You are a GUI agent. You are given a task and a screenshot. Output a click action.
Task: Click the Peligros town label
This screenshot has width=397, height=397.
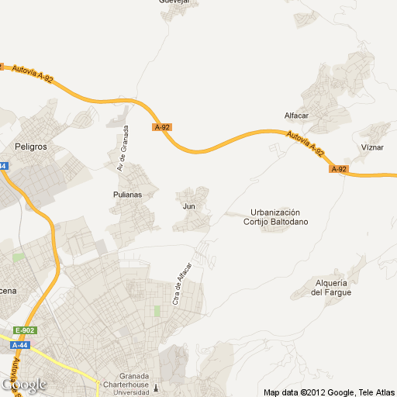pyautogui.click(x=31, y=146)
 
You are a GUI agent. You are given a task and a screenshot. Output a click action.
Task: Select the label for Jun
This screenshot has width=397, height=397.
pyautogui.click(x=188, y=206)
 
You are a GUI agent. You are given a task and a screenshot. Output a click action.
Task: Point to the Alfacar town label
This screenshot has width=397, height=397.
pyautogui.click(x=298, y=116)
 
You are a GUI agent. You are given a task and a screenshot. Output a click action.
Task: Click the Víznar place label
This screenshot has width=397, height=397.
pyautogui.click(x=372, y=147)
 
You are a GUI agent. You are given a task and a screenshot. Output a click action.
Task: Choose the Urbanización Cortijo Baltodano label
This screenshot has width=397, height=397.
pyautogui.click(x=275, y=217)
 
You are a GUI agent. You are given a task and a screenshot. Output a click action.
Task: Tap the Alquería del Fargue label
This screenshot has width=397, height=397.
pyautogui.click(x=331, y=287)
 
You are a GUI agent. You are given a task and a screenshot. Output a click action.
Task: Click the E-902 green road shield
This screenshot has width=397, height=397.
pyautogui.click(x=25, y=330)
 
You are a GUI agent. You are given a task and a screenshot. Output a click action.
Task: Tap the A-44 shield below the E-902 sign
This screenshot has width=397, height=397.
pyautogui.click(x=20, y=345)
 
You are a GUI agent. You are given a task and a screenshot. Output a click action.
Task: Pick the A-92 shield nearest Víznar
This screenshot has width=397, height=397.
pyautogui.click(x=338, y=169)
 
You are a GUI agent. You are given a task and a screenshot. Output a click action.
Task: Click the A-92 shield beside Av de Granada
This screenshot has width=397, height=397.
pyautogui.click(x=162, y=127)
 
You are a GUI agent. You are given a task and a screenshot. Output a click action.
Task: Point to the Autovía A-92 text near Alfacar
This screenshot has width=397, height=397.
pyautogui.click(x=304, y=144)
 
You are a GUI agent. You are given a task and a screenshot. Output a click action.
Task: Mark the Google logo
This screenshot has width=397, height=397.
pyautogui.click(x=23, y=385)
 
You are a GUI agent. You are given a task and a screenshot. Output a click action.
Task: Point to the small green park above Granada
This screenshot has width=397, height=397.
pyautogui.click(x=157, y=311)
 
